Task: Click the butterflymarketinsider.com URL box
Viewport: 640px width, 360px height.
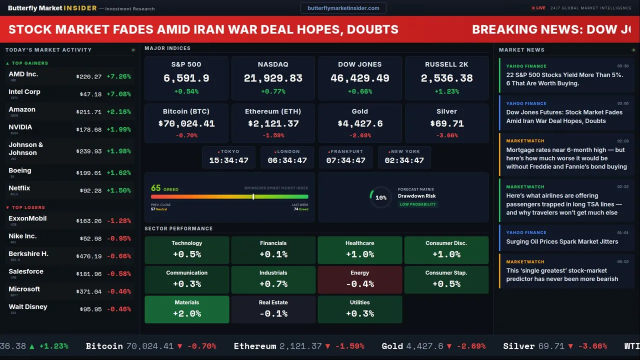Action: click(343, 8)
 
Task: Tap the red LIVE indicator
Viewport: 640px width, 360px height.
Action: click(539, 8)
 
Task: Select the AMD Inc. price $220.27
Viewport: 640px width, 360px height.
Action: click(89, 77)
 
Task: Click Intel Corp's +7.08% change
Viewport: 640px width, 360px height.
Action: click(118, 94)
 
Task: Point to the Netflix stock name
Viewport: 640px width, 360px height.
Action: click(19, 188)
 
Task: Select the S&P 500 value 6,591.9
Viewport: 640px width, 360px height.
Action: click(186, 78)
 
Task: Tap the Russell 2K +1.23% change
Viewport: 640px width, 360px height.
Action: click(447, 91)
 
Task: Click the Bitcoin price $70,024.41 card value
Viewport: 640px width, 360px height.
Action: click(186, 123)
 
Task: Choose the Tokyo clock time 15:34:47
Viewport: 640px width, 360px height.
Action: click(228, 160)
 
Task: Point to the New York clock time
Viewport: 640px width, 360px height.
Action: click(404, 160)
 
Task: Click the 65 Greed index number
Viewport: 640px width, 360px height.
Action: click(156, 188)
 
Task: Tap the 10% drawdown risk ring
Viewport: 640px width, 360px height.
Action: click(380, 197)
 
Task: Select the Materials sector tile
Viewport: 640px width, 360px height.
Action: click(187, 309)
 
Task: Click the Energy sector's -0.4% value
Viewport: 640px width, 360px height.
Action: click(360, 284)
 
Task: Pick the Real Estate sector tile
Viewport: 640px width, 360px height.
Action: click(273, 309)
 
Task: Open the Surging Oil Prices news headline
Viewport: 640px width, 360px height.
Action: click(562, 241)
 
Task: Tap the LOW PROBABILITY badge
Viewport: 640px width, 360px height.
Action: click(417, 204)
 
